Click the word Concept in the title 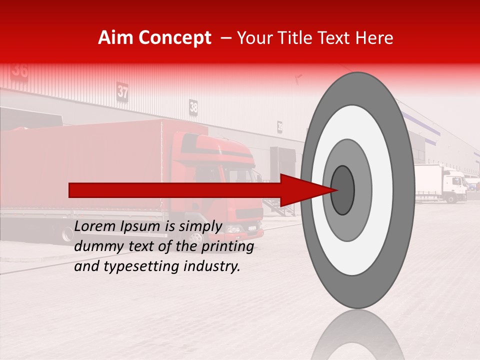[174, 38]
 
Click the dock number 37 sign [122, 91]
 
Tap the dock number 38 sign [193, 106]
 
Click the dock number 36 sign [20, 70]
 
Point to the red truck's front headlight [233, 229]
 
